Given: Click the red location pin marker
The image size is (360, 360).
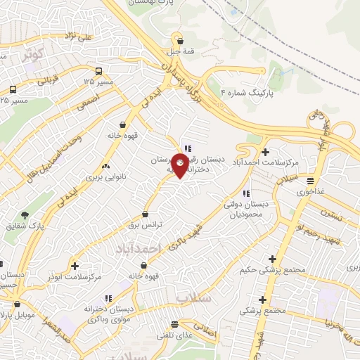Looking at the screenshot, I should tap(181, 167).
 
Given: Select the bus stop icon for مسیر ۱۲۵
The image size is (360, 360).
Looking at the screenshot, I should tap(98, 71).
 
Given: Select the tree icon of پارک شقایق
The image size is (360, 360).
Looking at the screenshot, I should tap(26, 214).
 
